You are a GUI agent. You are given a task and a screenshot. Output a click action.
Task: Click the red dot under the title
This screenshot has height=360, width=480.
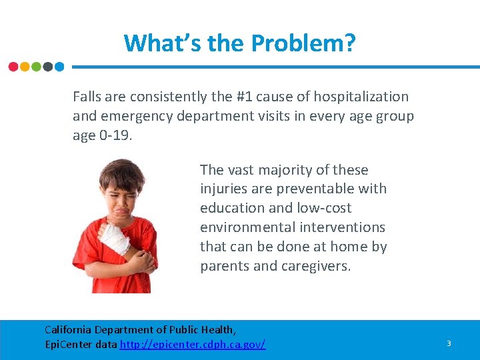click(13, 67)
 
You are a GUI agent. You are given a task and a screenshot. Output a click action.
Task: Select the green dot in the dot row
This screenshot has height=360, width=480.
click(36, 67)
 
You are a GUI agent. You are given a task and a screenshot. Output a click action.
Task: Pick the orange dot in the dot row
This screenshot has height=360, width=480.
click(25, 67)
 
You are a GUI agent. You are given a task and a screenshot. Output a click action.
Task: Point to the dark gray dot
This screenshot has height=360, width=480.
click(47, 67)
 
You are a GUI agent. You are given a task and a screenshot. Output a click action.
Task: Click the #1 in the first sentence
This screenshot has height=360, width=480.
click(245, 97)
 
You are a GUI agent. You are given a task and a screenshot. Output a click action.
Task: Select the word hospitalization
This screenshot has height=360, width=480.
click(358, 97)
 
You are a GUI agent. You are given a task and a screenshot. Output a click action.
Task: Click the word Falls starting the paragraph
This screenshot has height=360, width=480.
click(88, 97)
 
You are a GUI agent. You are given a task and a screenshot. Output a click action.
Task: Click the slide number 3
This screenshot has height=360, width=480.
click(449, 343)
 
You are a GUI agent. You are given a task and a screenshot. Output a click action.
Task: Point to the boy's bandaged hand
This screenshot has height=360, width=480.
click(113, 237)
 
